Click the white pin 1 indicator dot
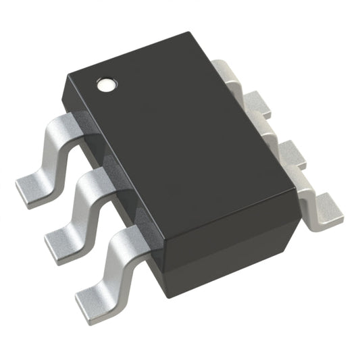coord(107,85)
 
